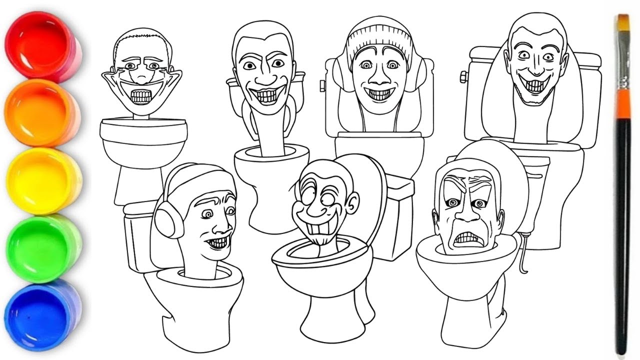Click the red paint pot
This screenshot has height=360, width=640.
click(x=42, y=46)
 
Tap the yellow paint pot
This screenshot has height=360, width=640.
click(x=42, y=178)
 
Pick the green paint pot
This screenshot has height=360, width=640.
click(x=43, y=246)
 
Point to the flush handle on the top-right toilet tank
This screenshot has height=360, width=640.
click(x=463, y=77)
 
